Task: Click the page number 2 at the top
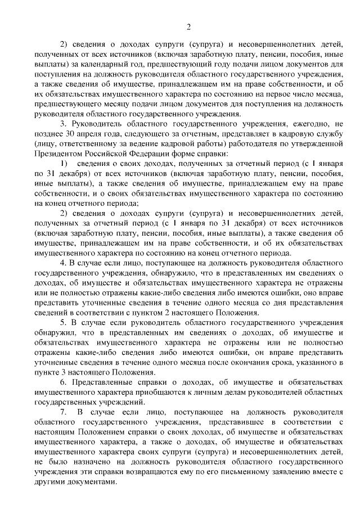click(x=188, y=26)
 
